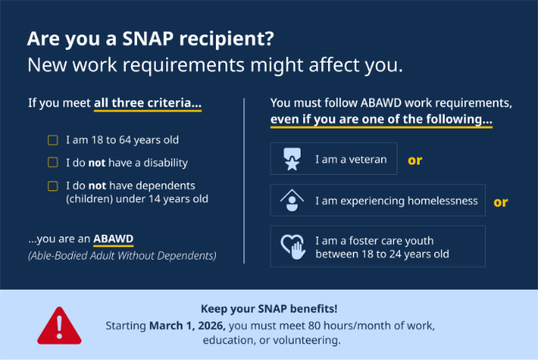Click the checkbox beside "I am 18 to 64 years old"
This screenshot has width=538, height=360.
(x=52, y=140)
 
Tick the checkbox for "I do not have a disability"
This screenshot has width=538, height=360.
(x=52, y=162)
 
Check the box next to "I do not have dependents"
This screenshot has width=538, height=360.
(x=52, y=185)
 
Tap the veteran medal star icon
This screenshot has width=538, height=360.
(x=291, y=159)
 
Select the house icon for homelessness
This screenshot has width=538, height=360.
(x=291, y=201)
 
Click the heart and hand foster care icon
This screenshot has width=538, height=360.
(x=291, y=247)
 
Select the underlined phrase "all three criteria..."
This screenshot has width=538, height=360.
(x=147, y=104)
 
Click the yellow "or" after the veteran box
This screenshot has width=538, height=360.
(x=415, y=159)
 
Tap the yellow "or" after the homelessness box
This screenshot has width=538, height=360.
(x=500, y=202)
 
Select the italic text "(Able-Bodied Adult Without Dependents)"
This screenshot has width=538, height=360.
(x=122, y=255)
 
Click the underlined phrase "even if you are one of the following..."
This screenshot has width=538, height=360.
(x=381, y=119)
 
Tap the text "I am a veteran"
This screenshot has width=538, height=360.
(x=350, y=159)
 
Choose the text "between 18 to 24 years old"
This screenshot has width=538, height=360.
(x=382, y=254)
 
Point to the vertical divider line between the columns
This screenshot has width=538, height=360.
(x=244, y=180)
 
